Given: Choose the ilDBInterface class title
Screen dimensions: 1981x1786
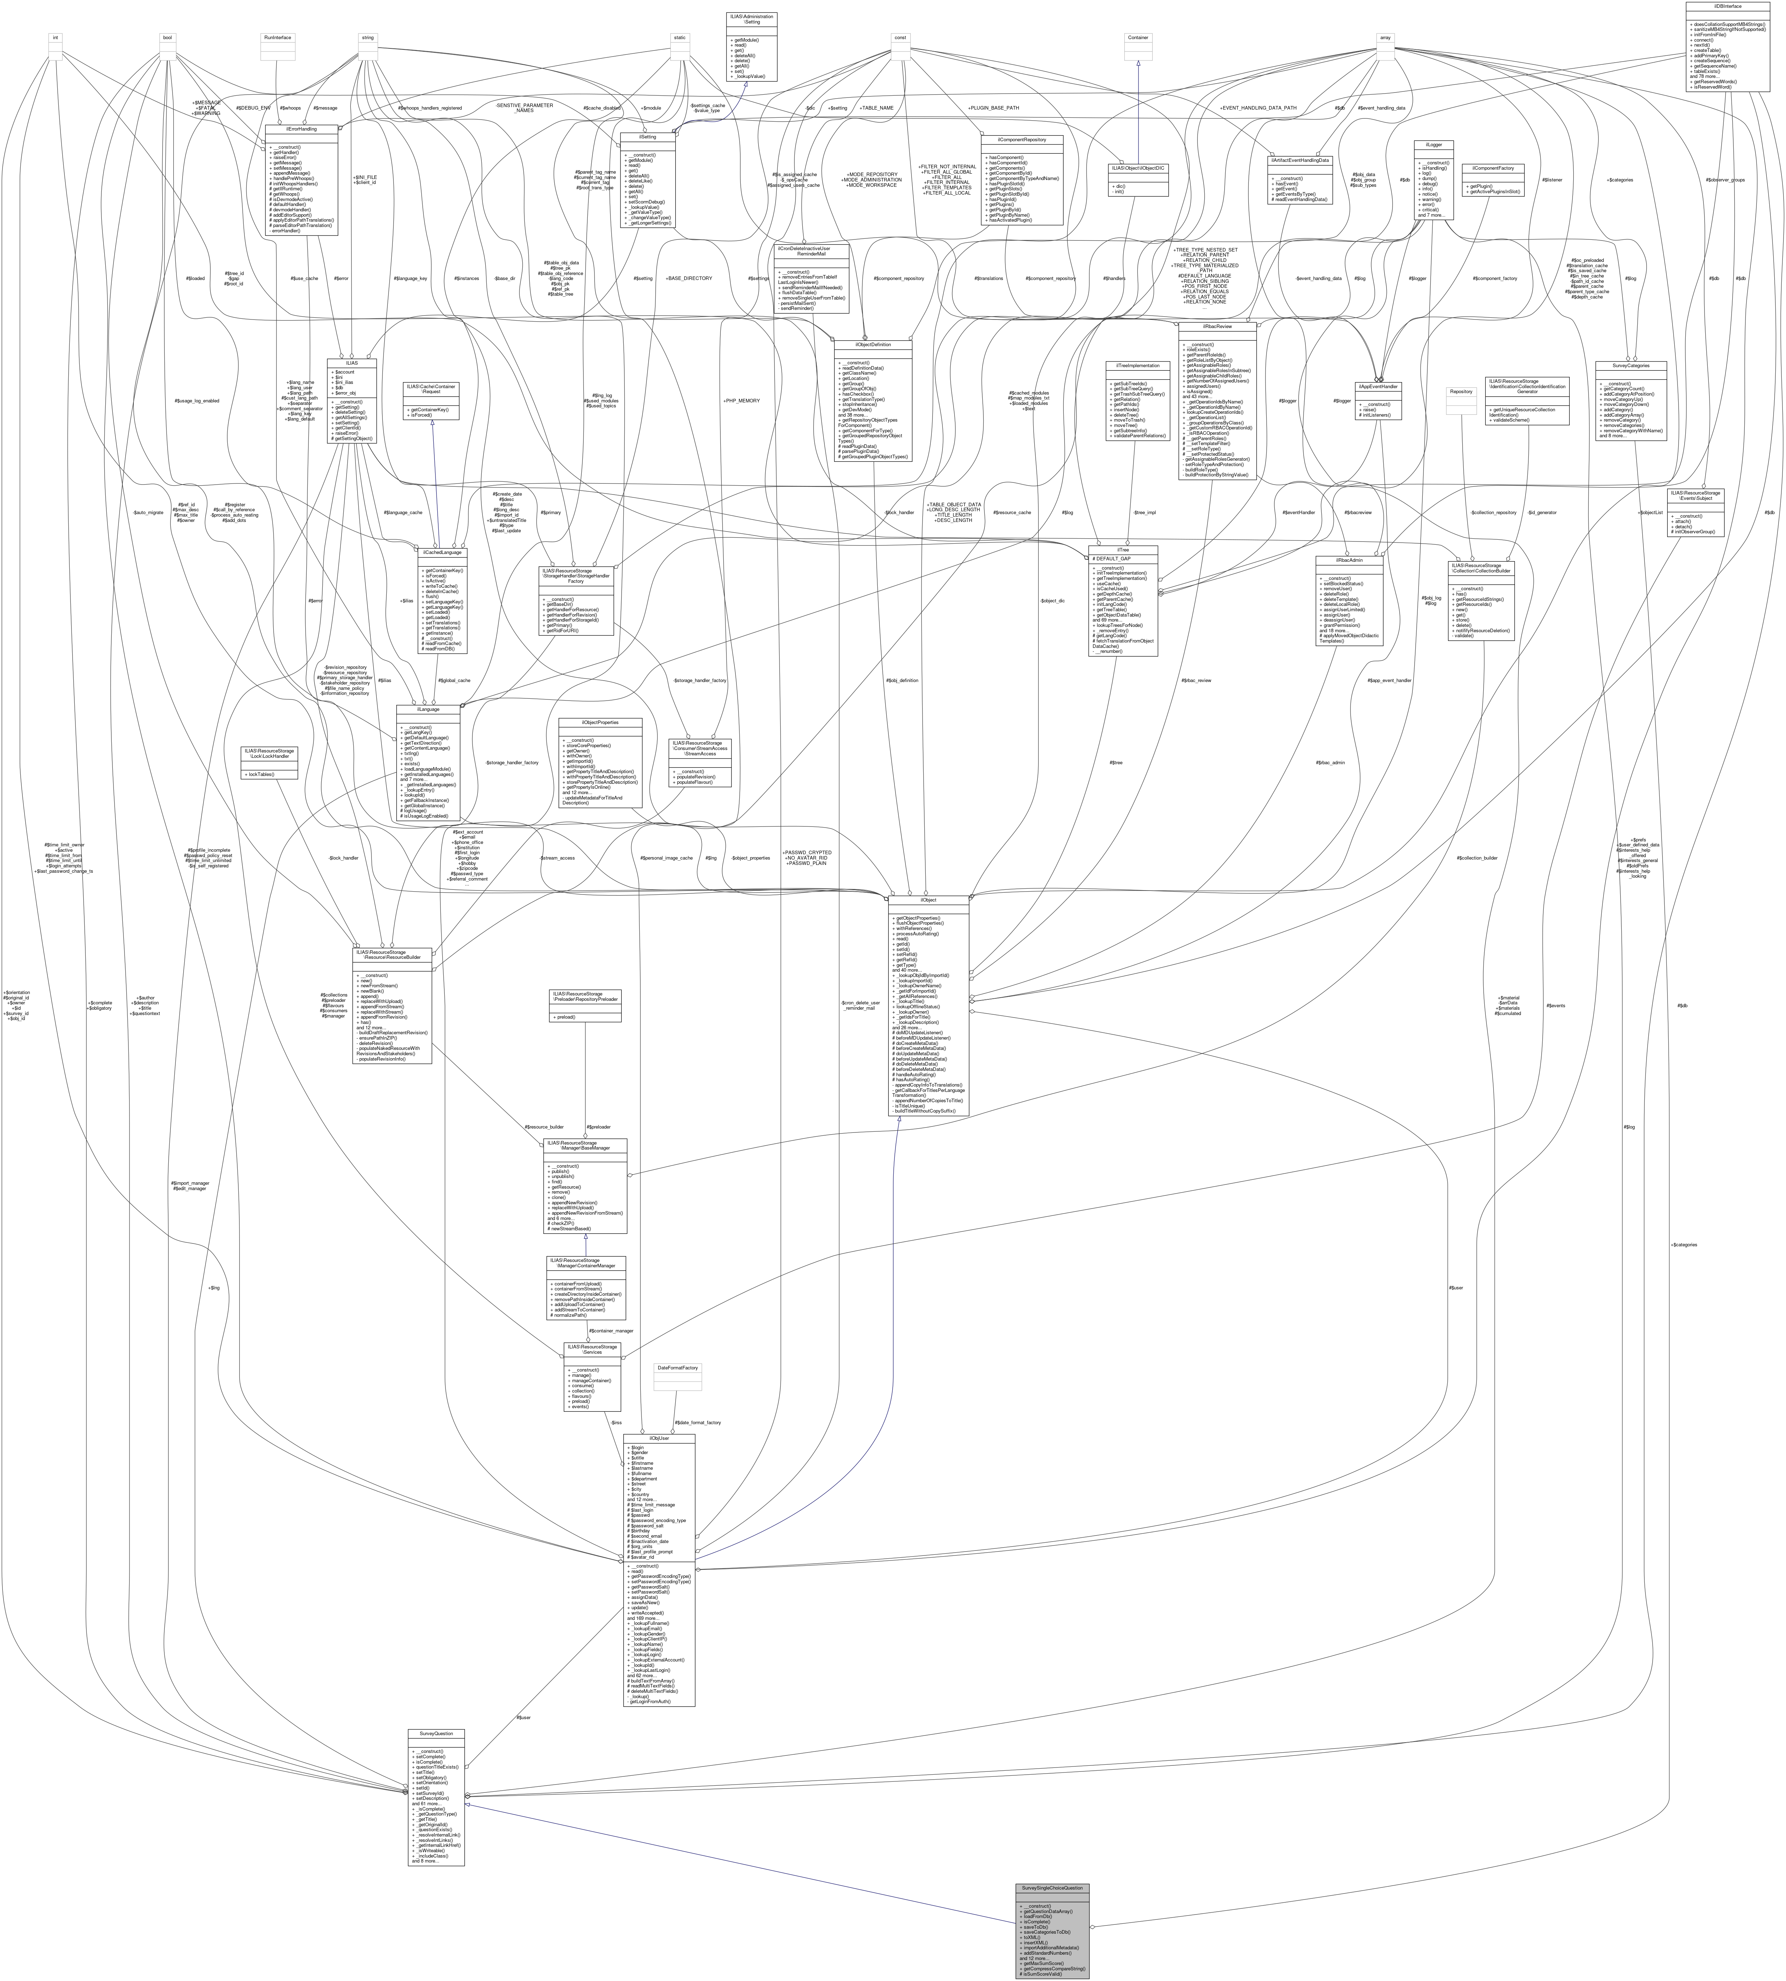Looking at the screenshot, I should coord(1727,6).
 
